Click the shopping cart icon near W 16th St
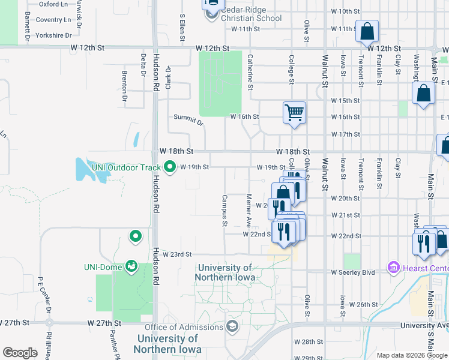(x=294, y=112)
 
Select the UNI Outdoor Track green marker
(x=170, y=167)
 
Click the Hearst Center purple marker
(x=394, y=266)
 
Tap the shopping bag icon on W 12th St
(x=366, y=31)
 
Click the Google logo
(x=20, y=353)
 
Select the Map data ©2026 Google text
(x=412, y=355)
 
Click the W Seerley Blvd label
(x=353, y=272)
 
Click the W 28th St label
(x=312, y=341)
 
